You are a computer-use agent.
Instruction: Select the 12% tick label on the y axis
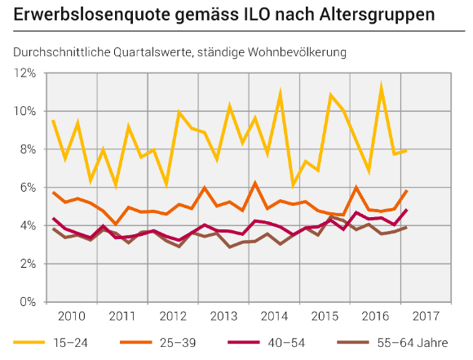(24, 73)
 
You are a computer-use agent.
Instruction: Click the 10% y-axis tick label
(24, 111)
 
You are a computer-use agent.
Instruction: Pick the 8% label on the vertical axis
(28, 149)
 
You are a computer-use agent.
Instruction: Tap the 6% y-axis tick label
(28, 188)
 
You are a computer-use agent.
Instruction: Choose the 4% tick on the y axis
(28, 225)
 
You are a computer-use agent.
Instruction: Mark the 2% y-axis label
(28, 264)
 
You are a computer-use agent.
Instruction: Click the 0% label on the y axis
(28, 302)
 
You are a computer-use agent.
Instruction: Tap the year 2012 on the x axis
(172, 316)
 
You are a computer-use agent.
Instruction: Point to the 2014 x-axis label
(273, 316)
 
